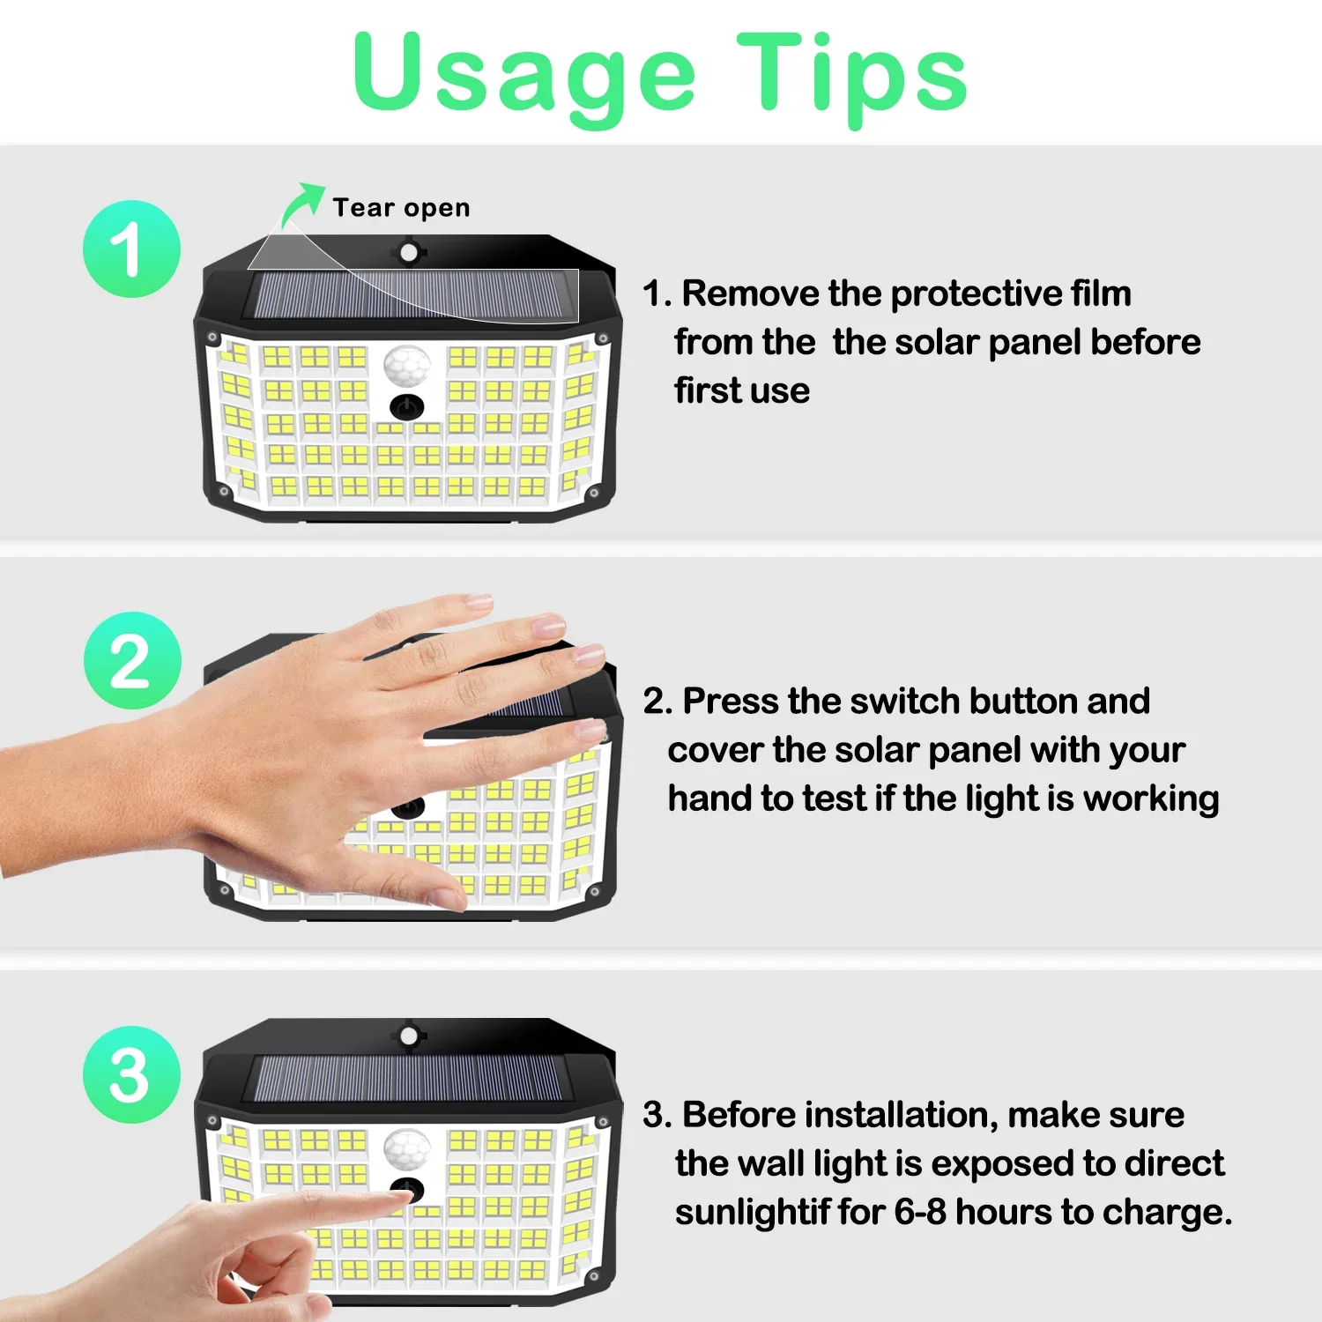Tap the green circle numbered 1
pos(131,249)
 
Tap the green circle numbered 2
pos(132,660)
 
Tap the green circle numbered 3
pos(131,1074)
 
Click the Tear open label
pos(401,208)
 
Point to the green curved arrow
pos(301,204)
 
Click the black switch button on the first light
pos(406,407)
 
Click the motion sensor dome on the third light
pos(406,1148)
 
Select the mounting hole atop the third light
pos(408,1036)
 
